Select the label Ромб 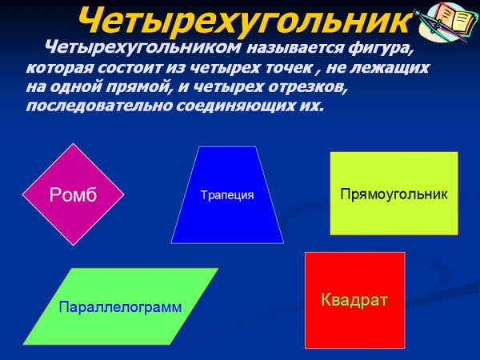coord(73,194)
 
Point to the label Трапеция coord(227,195)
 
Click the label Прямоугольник coord(394,194)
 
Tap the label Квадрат coord(354,300)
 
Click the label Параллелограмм coord(120,306)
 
